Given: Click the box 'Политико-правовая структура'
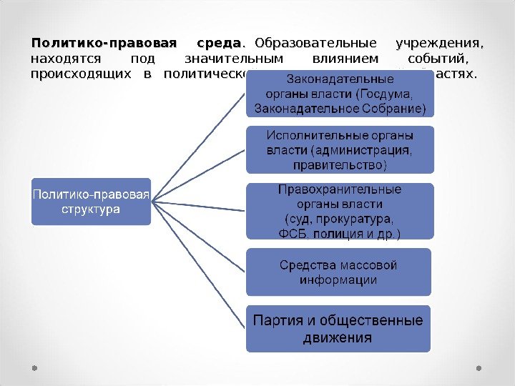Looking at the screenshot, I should click(91, 202).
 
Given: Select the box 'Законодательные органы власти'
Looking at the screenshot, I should click(340, 93).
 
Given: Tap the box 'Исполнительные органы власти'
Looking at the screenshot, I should click(340, 150).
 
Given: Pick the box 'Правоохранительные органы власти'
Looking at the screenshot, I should click(340, 211).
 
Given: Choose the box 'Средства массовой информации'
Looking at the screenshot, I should click(338, 272).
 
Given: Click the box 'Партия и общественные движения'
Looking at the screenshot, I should click(338, 328).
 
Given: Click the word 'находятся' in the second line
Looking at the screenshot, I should click(65, 58).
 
